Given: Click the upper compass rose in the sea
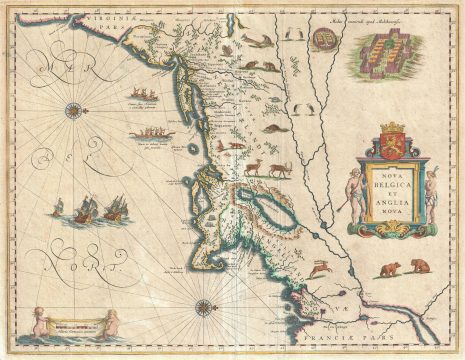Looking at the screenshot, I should point(74,108).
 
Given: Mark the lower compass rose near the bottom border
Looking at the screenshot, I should point(203,311).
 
